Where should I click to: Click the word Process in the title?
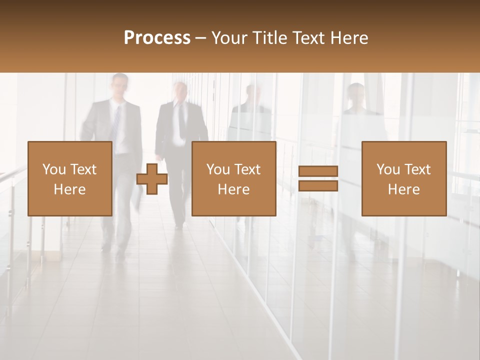(157, 38)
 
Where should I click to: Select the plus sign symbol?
(152, 179)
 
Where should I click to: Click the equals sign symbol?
(318, 178)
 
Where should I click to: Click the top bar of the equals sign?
(318, 171)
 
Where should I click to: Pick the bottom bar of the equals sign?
(318, 185)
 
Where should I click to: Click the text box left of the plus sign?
(70, 178)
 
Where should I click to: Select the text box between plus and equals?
(234, 178)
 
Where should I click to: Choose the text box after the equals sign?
(404, 178)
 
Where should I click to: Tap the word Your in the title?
(229, 38)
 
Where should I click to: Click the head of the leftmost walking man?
(120, 85)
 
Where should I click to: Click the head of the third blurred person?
(253, 94)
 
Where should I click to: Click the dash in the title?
(201, 38)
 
